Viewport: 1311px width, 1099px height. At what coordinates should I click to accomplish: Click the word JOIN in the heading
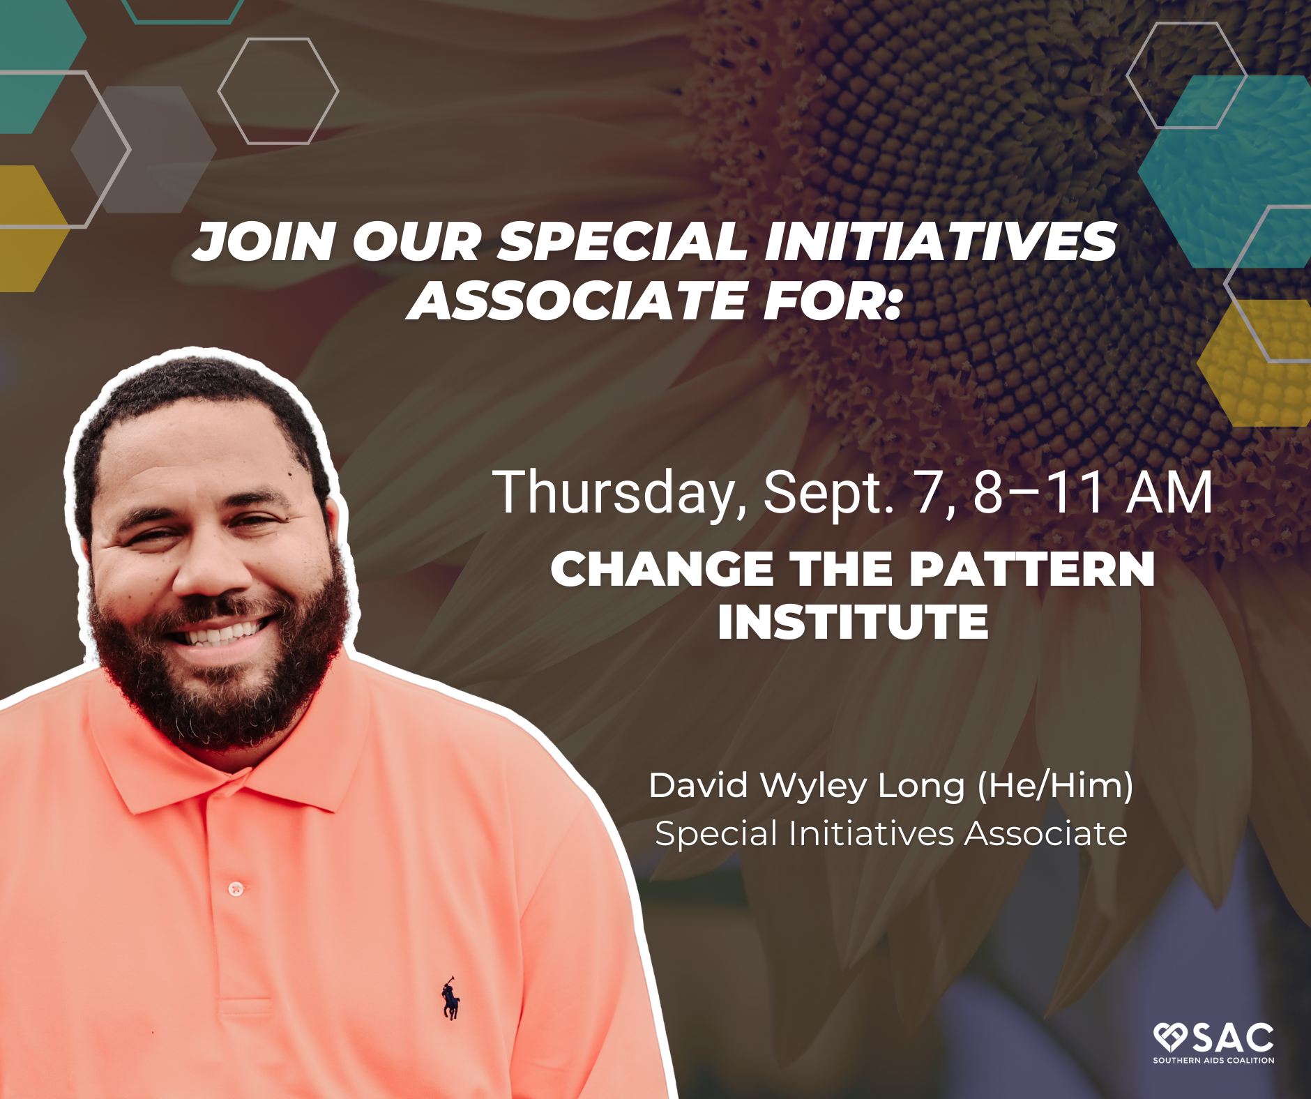point(264,242)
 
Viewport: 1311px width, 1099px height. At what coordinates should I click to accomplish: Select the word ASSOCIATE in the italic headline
point(577,301)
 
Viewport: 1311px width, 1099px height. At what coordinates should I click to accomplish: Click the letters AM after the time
point(1169,492)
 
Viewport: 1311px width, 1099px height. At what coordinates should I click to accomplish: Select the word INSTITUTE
point(853,621)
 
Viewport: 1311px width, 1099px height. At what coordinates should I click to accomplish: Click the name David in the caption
point(699,785)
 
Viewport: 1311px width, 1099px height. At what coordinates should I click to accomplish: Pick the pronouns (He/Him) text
point(1055,786)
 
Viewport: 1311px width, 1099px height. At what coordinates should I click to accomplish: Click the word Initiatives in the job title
point(871,833)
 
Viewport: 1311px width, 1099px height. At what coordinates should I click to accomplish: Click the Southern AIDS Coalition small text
point(1213,1061)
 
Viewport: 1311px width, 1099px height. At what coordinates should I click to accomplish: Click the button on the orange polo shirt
point(236,888)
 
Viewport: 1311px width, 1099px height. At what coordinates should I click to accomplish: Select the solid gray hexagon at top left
point(144,149)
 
